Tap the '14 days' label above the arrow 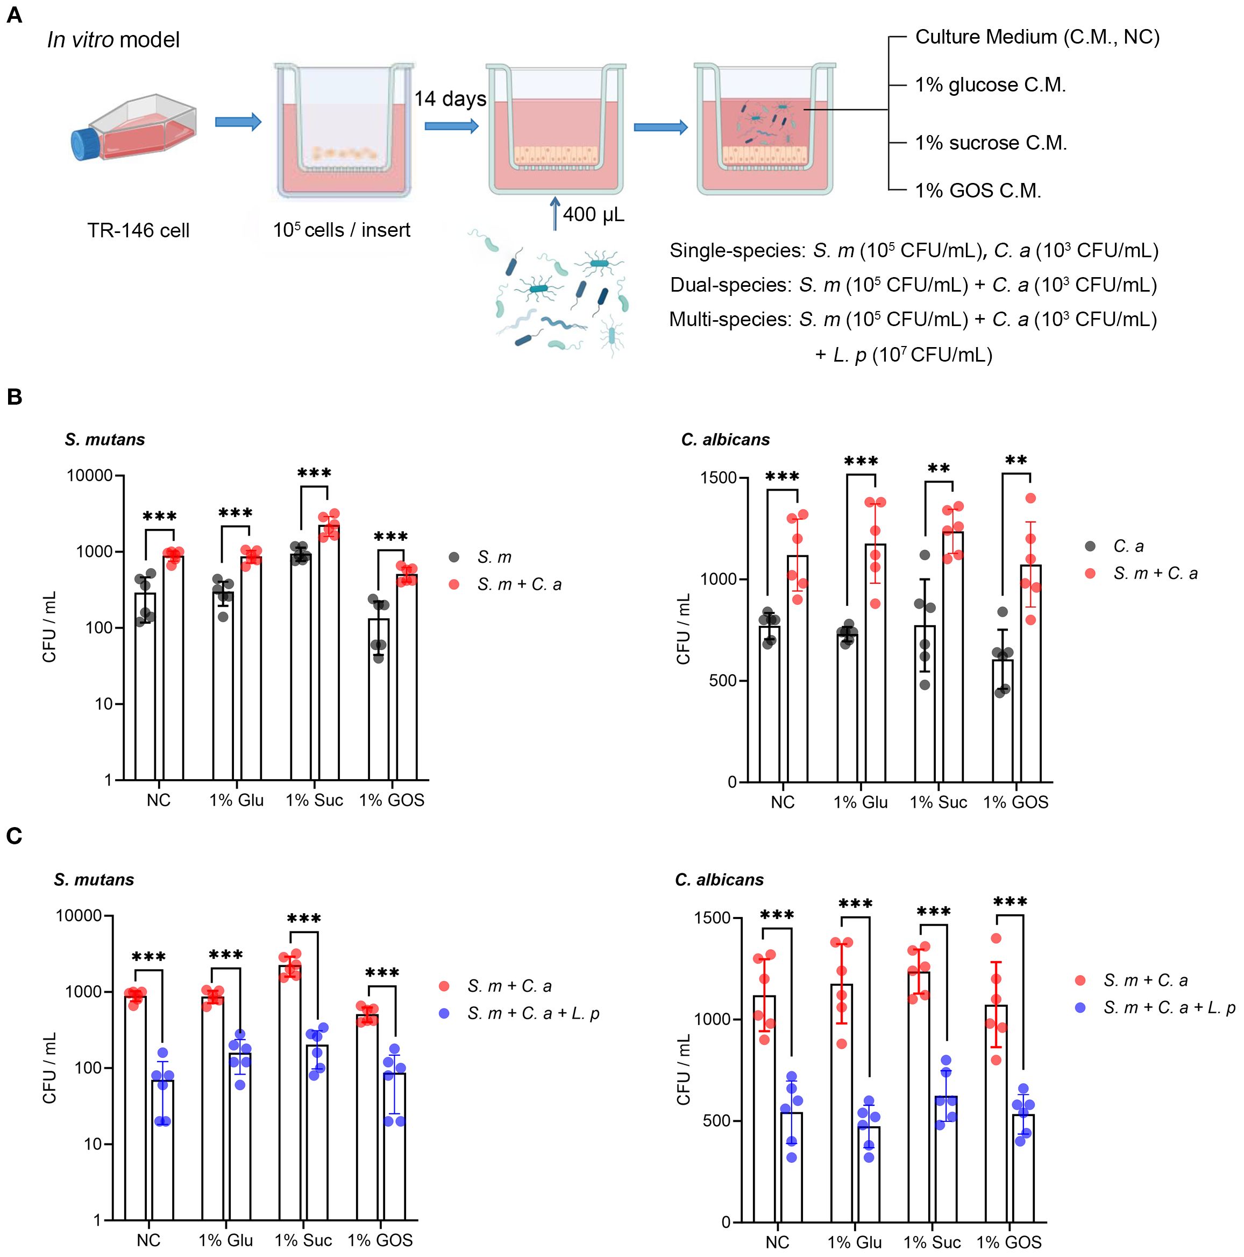(x=450, y=99)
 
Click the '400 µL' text (x=593, y=214)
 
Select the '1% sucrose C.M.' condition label (x=990, y=143)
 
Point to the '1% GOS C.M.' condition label (x=977, y=190)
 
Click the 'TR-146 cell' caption (x=139, y=230)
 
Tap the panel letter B (x=15, y=397)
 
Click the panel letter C (x=15, y=836)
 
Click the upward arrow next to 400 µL (x=555, y=215)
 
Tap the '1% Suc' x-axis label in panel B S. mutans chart (x=314, y=800)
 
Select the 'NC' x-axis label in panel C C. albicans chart (x=777, y=1242)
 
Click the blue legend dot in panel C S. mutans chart (x=445, y=1014)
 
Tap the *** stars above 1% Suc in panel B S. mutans (x=314, y=473)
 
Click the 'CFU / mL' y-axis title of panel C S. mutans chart (x=49, y=1068)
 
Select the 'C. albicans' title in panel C (x=719, y=880)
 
